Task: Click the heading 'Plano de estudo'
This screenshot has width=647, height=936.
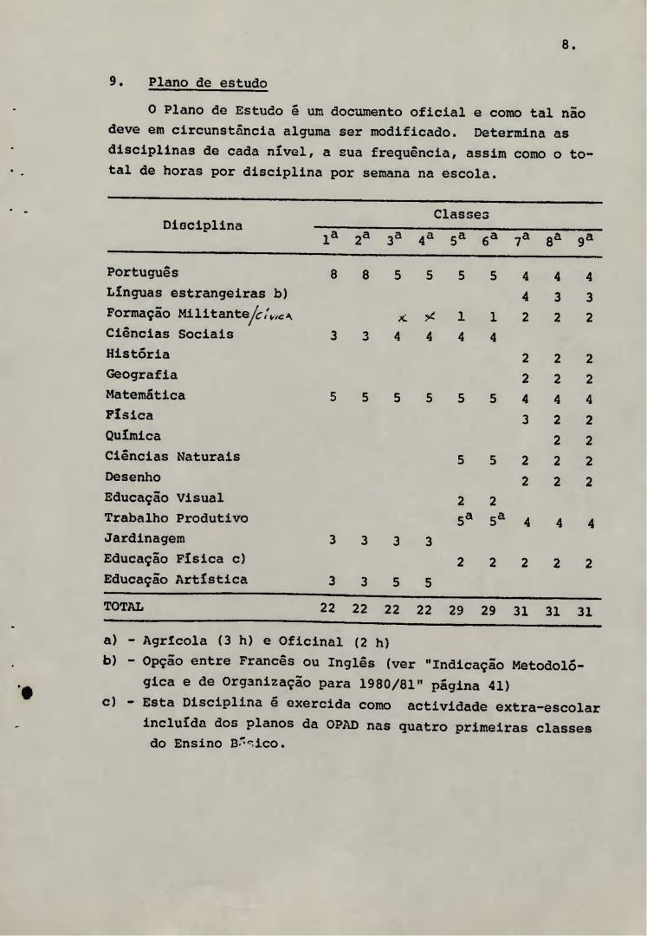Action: pyautogui.click(x=207, y=83)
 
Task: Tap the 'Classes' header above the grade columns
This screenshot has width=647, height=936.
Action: pyautogui.click(x=459, y=211)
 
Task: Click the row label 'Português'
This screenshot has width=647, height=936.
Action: pyautogui.click(x=143, y=272)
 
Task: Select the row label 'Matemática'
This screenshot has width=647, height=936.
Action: pyautogui.click(x=146, y=395)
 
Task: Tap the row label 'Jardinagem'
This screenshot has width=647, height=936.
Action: pyautogui.click(x=146, y=539)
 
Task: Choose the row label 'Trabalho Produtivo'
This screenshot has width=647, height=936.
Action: pyautogui.click(x=177, y=518)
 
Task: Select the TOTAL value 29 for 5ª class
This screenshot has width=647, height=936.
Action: pyautogui.click(x=460, y=608)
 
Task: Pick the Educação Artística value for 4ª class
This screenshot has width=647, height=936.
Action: pyautogui.click(x=428, y=581)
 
